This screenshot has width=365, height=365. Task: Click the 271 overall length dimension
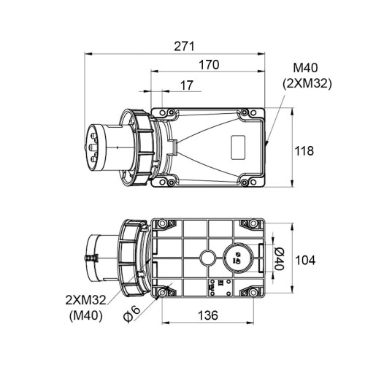[x=185, y=46]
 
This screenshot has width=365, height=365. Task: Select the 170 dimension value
[x=209, y=65]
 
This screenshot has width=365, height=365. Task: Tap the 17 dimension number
[x=187, y=85]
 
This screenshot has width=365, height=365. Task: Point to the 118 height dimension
[x=304, y=151]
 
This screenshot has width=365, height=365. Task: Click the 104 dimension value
[x=305, y=260]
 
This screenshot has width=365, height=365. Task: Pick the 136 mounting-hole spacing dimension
[x=208, y=315]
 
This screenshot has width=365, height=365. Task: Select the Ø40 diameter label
[x=278, y=258]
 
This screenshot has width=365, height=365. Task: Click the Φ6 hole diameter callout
[x=131, y=315]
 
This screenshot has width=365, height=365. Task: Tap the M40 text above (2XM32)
[x=305, y=68]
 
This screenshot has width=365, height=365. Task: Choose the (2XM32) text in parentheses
[x=307, y=84]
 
